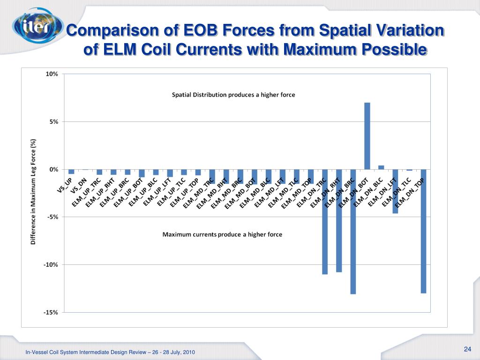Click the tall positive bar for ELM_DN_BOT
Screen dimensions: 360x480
(367, 136)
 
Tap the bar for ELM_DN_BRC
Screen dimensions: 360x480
(353, 232)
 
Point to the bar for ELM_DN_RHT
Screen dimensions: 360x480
(339, 220)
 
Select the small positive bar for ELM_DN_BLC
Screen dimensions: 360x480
(381, 167)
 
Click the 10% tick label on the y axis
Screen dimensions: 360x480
(52, 74)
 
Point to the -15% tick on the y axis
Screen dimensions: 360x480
(51, 313)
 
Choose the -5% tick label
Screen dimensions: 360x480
(52, 217)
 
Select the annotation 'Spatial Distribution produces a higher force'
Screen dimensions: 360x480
(233, 95)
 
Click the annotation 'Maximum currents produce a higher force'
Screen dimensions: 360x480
(222, 234)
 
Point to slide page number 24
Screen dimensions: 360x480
(467, 349)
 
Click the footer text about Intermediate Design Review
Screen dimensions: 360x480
(110, 352)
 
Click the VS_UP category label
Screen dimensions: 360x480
(65, 185)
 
